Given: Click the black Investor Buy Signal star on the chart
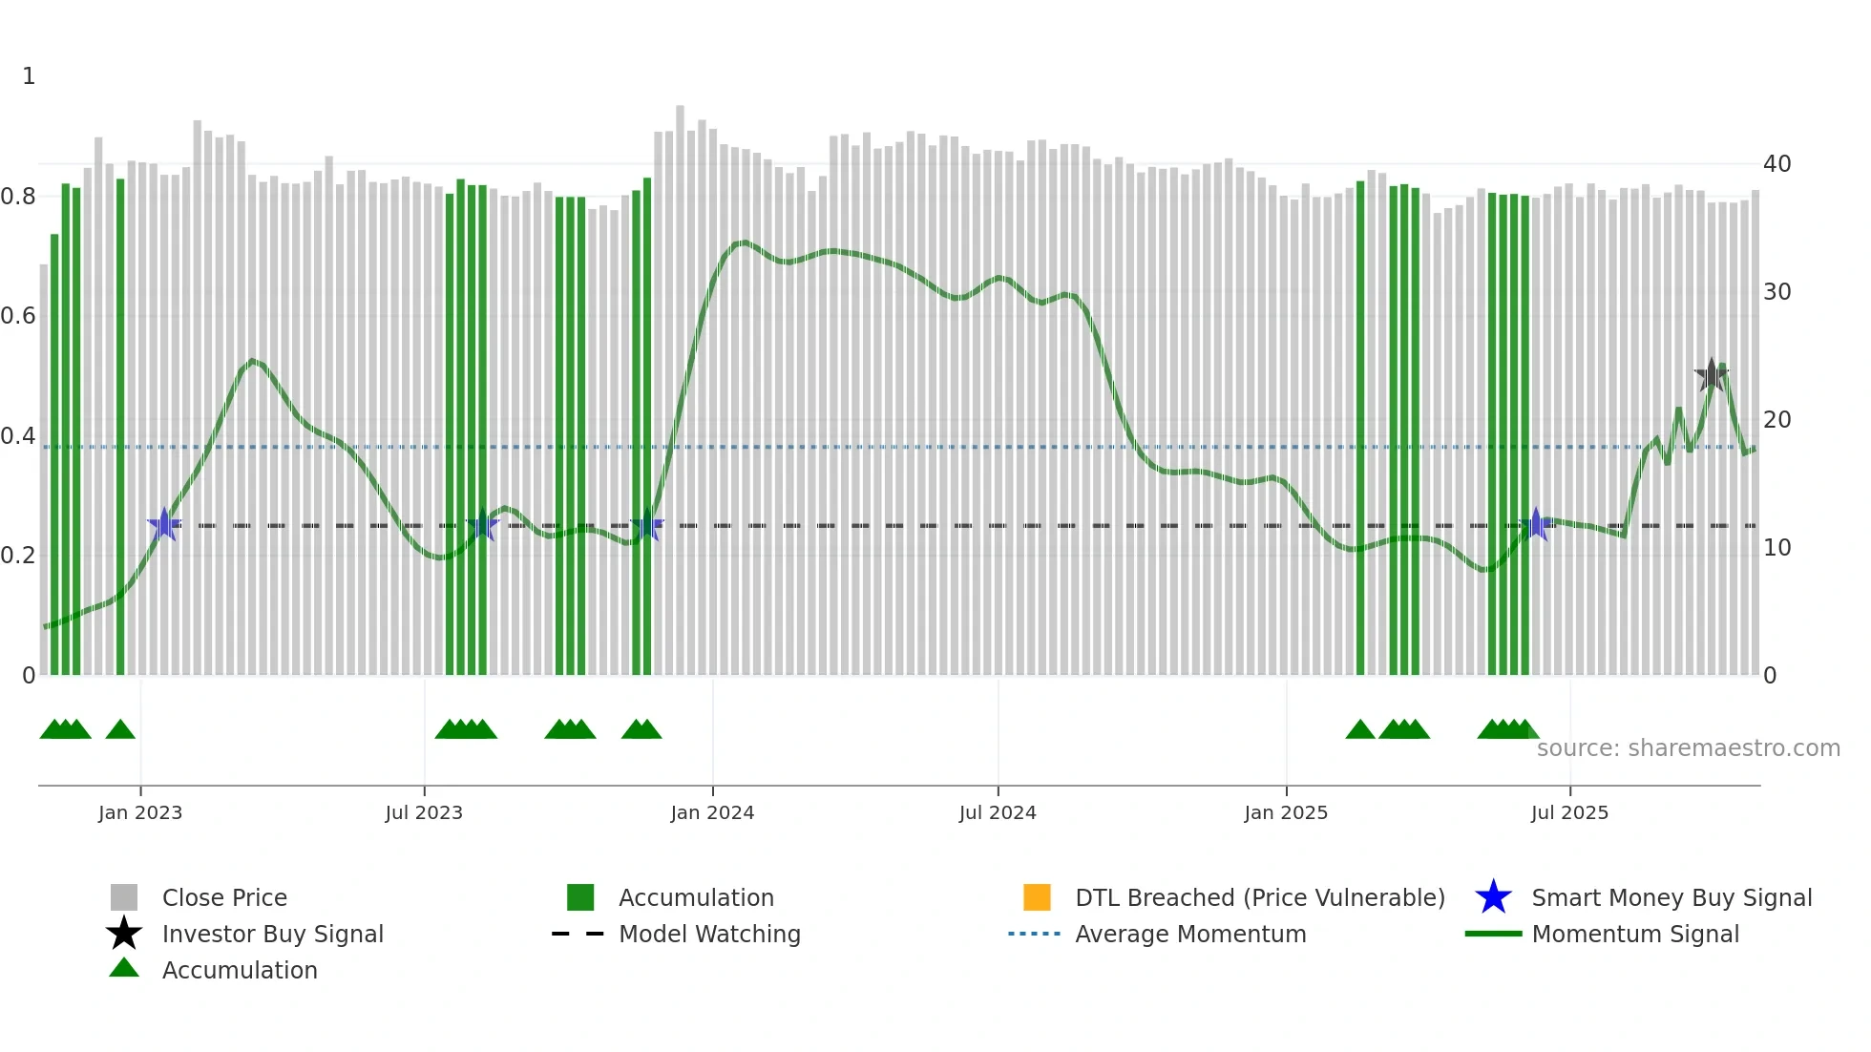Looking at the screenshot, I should pyautogui.click(x=1712, y=375).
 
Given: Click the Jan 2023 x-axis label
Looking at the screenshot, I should pyautogui.click(x=140, y=812).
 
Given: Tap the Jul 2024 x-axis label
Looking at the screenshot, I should pyautogui.click(x=998, y=812).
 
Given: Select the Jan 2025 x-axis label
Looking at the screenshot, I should pyautogui.click(x=1286, y=812).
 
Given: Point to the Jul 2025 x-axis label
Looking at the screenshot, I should pyautogui.click(x=1569, y=812).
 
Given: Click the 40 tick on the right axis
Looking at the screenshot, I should pyautogui.click(x=1776, y=164).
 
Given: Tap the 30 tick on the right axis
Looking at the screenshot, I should pyautogui.click(x=1776, y=292).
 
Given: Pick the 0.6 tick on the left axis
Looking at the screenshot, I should pyautogui.click(x=19, y=316).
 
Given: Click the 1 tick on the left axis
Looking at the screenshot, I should pyautogui.click(x=29, y=76).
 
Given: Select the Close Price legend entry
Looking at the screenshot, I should pyautogui.click(x=224, y=897).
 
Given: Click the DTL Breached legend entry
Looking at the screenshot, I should pyautogui.click(x=1259, y=897).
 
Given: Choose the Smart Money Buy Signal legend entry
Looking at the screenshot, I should pyautogui.click(x=1671, y=897).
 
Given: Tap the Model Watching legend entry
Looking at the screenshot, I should pyautogui.click(x=709, y=934).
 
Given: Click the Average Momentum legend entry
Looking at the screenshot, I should pyautogui.click(x=1190, y=934).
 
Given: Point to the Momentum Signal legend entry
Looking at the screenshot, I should pyautogui.click(x=1635, y=934).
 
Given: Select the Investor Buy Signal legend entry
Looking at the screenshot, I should pyautogui.click(x=272, y=934).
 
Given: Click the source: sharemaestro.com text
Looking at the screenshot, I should pyautogui.click(x=1688, y=748).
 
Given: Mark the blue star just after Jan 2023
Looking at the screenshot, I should pyautogui.click(x=164, y=524).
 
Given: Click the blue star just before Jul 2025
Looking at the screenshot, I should pyautogui.click(x=1536, y=524).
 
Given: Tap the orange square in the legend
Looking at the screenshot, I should pyautogui.click(x=1037, y=897).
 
